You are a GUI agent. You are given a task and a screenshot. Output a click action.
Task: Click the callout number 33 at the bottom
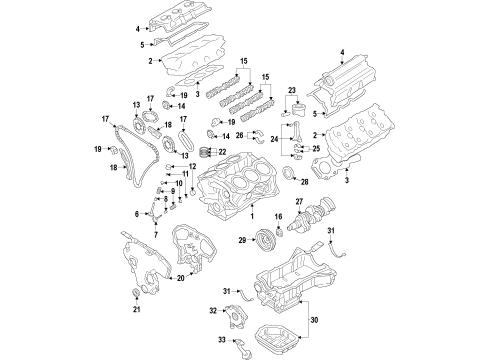[221, 340]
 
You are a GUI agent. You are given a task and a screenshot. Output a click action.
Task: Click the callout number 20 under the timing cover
[180, 280]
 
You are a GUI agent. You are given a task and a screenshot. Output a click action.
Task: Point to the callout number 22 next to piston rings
[223, 151]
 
